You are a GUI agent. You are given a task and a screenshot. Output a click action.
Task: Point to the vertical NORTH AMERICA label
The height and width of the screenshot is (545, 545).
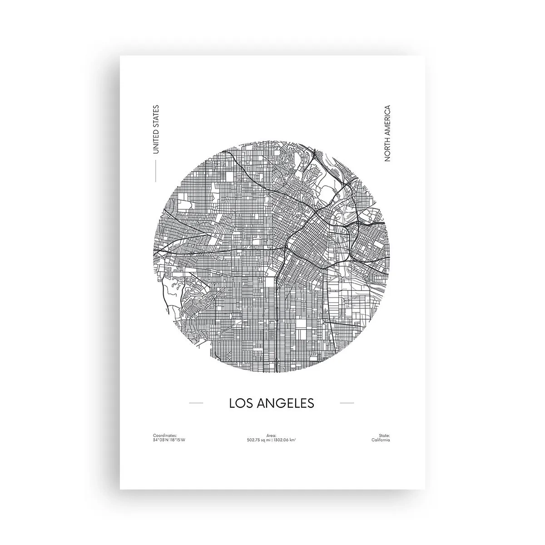point(387,134)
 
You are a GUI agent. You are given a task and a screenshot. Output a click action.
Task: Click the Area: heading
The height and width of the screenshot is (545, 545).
point(272,435)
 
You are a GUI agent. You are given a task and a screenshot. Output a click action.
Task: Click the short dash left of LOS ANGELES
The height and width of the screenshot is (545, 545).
point(196,403)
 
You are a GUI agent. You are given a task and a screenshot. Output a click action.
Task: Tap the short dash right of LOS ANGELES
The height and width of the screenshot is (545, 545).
point(347,403)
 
